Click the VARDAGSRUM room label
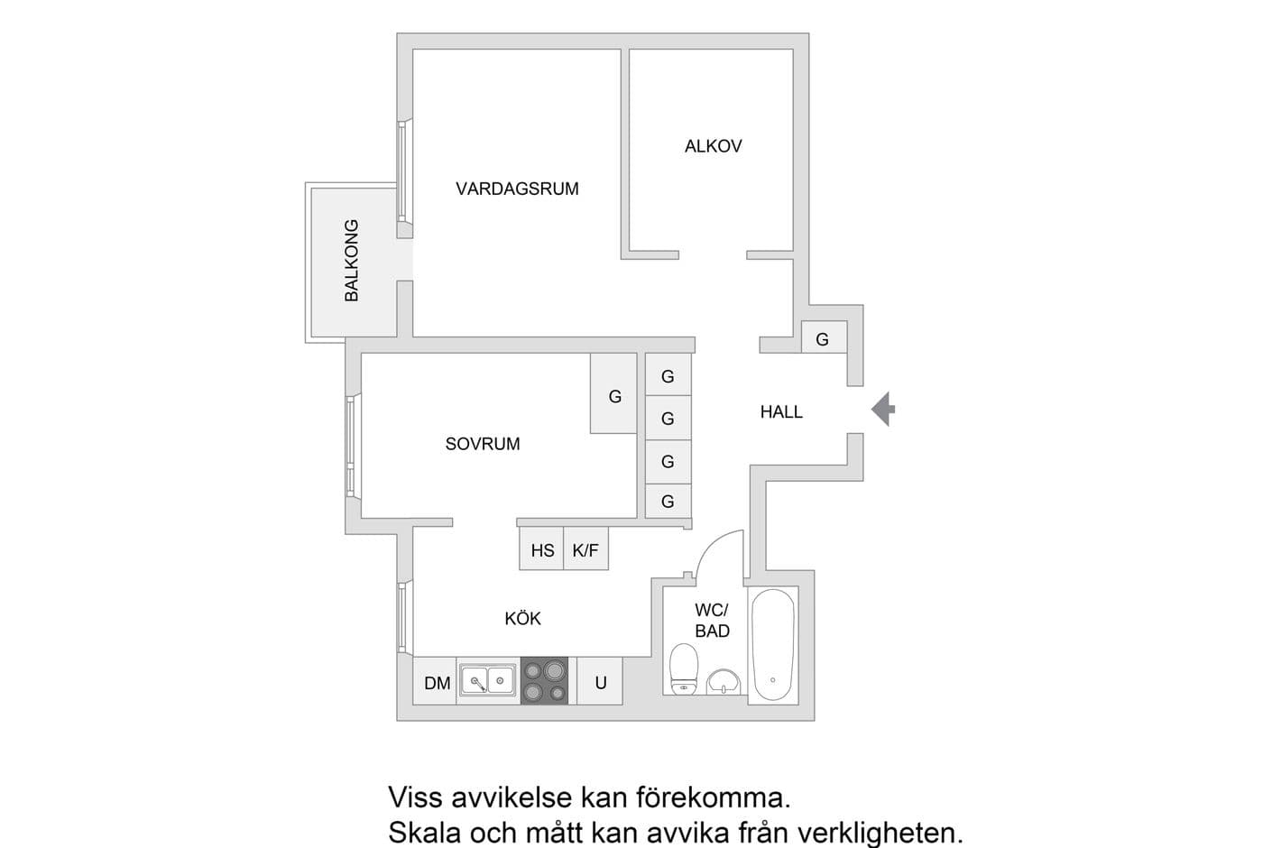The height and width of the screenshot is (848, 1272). [517, 189]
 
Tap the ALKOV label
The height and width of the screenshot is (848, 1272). [713, 146]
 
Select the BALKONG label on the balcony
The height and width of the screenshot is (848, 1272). [352, 261]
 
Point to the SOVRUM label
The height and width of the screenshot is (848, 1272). [483, 444]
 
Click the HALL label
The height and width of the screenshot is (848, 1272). [780, 412]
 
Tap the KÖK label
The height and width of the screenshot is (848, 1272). [522, 619]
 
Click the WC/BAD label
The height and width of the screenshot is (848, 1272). [712, 621]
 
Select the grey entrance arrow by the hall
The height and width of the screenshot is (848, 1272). [883, 410]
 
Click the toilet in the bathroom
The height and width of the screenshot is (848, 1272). [684, 668]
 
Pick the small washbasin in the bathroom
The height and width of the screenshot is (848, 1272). [724, 681]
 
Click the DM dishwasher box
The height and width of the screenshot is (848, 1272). [437, 683]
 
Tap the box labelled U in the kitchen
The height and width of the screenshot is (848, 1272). [600, 683]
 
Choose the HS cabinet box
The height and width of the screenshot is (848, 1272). [542, 550]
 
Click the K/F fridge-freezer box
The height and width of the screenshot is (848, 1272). [585, 550]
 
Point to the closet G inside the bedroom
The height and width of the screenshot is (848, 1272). [614, 395]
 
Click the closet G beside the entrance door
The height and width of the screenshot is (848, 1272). [823, 339]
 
